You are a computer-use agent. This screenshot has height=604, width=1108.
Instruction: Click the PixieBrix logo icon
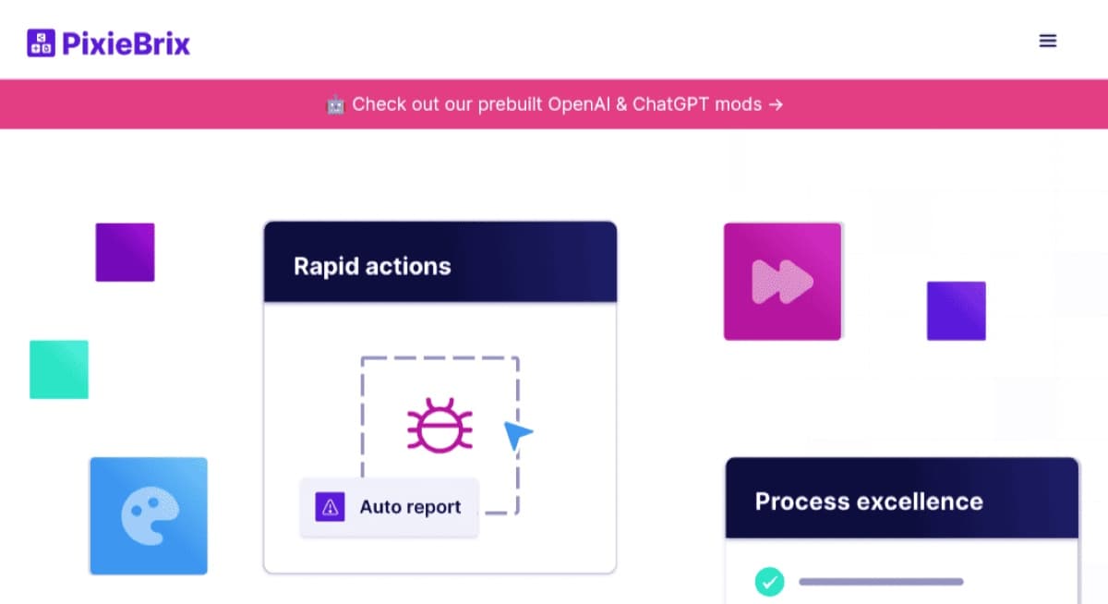click(41, 42)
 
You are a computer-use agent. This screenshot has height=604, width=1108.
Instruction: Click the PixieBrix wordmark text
click(126, 43)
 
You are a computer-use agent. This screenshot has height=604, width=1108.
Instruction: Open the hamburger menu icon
click(1048, 41)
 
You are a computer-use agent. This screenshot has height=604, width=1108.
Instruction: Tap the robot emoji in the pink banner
click(335, 105)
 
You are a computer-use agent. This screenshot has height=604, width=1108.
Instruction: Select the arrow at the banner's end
click(776, 105)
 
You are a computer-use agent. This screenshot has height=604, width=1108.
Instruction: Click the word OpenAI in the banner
click(579, 104)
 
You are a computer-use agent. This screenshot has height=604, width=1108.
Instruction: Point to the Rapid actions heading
click(372, 266)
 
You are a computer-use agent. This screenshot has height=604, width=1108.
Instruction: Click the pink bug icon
click(440, 426)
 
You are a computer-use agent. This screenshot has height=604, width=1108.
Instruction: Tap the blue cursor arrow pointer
click(516, 435)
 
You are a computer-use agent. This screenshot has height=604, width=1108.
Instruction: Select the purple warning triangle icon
click(330, 506)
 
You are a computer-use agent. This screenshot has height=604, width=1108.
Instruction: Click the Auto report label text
click(410, 506)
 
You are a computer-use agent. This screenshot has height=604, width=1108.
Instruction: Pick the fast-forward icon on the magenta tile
click(782, 282)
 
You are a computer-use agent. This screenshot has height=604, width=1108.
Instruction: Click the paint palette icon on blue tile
click(150, 515)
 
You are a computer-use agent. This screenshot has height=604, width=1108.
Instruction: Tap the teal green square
click(59, 369)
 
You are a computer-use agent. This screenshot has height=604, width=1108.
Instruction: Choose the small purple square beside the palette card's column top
click(126, 252)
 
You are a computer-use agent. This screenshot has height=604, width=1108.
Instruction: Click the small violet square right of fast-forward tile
click(957, 310)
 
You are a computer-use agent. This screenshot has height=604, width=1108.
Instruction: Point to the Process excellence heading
click(869, 501)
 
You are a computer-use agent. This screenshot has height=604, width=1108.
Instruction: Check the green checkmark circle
click(769, 582)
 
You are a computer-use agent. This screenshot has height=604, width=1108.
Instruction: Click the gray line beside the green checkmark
click(881, 582)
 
